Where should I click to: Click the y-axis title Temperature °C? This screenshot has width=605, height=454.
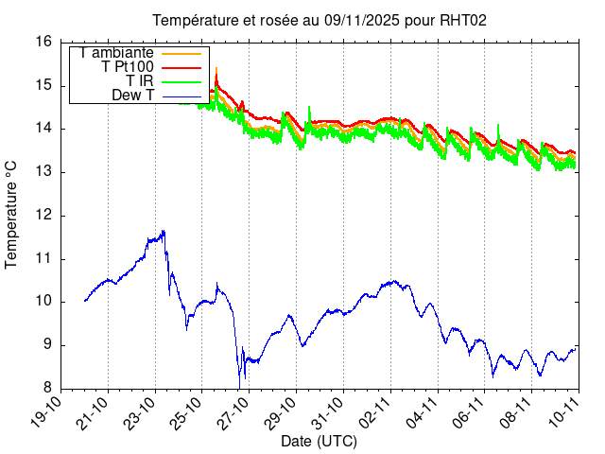[12, 215]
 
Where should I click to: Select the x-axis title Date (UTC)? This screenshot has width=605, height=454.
[319, 442]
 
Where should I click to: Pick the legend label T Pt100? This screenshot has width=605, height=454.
[128, 67]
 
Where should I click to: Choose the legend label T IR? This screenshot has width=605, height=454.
[140, 81]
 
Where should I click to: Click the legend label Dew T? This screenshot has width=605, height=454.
[132, 96]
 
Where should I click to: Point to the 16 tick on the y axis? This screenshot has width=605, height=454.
[43, 42]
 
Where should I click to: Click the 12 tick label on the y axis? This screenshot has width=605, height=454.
[43, 216]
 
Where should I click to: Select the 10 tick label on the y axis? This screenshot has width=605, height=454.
[43, 302]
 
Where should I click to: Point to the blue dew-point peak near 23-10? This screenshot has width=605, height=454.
[164, 231]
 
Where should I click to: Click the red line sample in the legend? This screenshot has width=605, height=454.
[180, 68]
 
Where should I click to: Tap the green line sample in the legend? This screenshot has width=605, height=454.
[180, 82]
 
